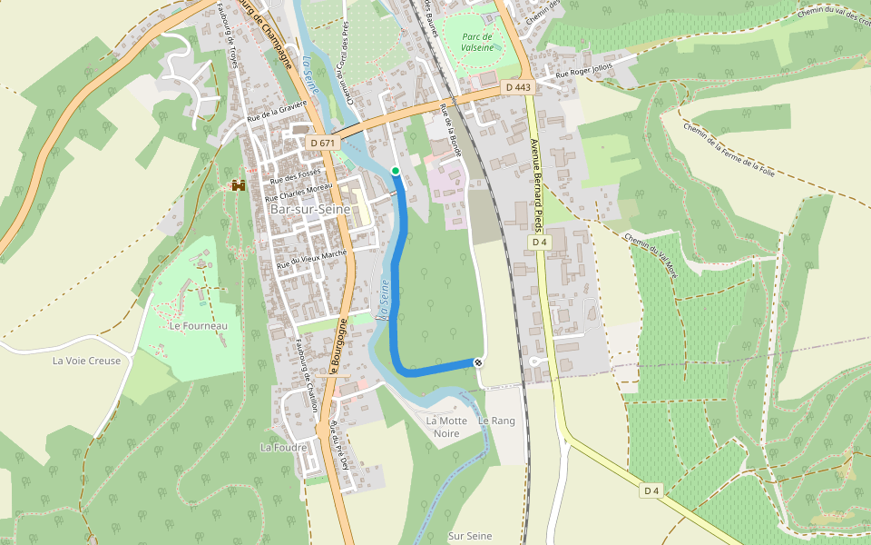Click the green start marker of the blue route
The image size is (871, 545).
pos(396,171)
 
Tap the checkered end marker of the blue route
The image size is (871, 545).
pos(478,362)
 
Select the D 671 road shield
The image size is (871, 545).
pos(322,143)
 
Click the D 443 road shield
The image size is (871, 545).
pos(517,87)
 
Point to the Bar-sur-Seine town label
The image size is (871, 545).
pos(310,209)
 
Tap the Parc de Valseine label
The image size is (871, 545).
pos(477,42)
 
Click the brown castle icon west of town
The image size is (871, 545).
pos(239,185)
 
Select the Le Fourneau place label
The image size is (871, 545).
pos(199,325)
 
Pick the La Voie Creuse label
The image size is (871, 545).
pos(86,361)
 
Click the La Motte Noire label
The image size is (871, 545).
pos(446,427)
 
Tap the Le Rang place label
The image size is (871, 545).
pos(496,421)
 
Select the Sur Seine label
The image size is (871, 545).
pos(470,536)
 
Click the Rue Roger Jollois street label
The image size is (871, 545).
pos(584,69)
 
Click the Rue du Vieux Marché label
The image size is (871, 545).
pos(312,258)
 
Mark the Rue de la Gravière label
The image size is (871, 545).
pos(278,111)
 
